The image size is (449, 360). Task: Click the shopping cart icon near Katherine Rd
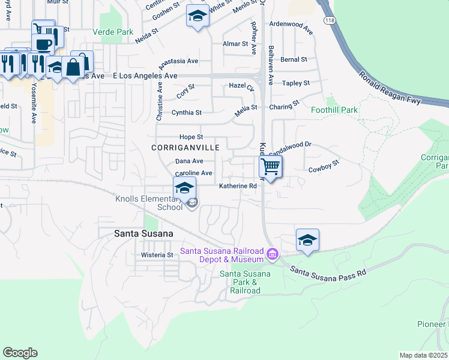(271, 166)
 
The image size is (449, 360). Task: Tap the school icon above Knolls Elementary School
(185, 188)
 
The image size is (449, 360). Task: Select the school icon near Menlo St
(197, 16)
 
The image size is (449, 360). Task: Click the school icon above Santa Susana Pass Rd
(307, 240)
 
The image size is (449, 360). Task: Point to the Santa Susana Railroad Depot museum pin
(272, 254)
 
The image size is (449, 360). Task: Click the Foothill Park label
(334, 110)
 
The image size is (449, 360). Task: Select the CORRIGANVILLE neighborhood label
(185, 148)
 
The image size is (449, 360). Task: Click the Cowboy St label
(324, 166)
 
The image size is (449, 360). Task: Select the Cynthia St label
(187, 112)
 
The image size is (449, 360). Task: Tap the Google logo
(20, 352)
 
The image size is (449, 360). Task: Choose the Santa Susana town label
(144, 233)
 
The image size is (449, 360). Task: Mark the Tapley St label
(296, 83)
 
